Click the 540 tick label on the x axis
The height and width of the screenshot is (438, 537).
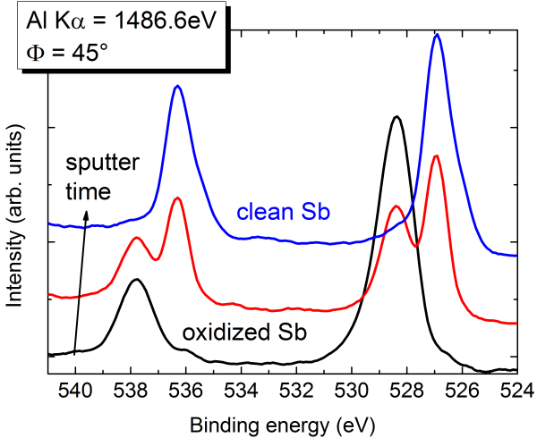pyautogui.click(x=75, y=390)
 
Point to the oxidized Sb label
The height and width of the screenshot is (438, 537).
pyautogui.click(x=244, y=333)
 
